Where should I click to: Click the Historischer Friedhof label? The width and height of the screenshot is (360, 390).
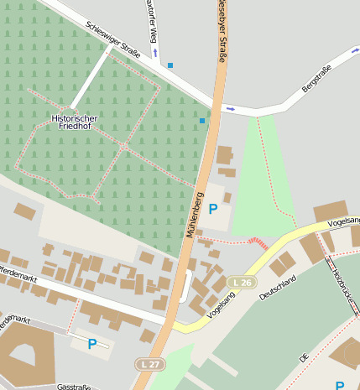(74, 122)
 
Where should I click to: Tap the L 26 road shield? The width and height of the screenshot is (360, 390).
(242, 283)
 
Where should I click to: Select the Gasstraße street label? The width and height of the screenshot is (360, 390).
(74, 387)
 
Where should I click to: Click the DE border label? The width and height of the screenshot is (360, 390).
(305, 357)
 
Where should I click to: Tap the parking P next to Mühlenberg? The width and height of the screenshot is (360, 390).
(213, 208)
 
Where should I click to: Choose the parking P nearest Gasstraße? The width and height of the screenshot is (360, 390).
(91, 343)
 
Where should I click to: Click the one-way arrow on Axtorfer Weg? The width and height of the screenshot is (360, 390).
(155, 52)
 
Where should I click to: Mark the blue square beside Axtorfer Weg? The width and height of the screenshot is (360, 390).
(170, 65)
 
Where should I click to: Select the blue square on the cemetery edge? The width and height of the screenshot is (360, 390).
(201, 121)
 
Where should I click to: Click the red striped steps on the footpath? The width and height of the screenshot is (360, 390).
(259, 243)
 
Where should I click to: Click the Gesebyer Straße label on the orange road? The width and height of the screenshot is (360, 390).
(222, 29)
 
